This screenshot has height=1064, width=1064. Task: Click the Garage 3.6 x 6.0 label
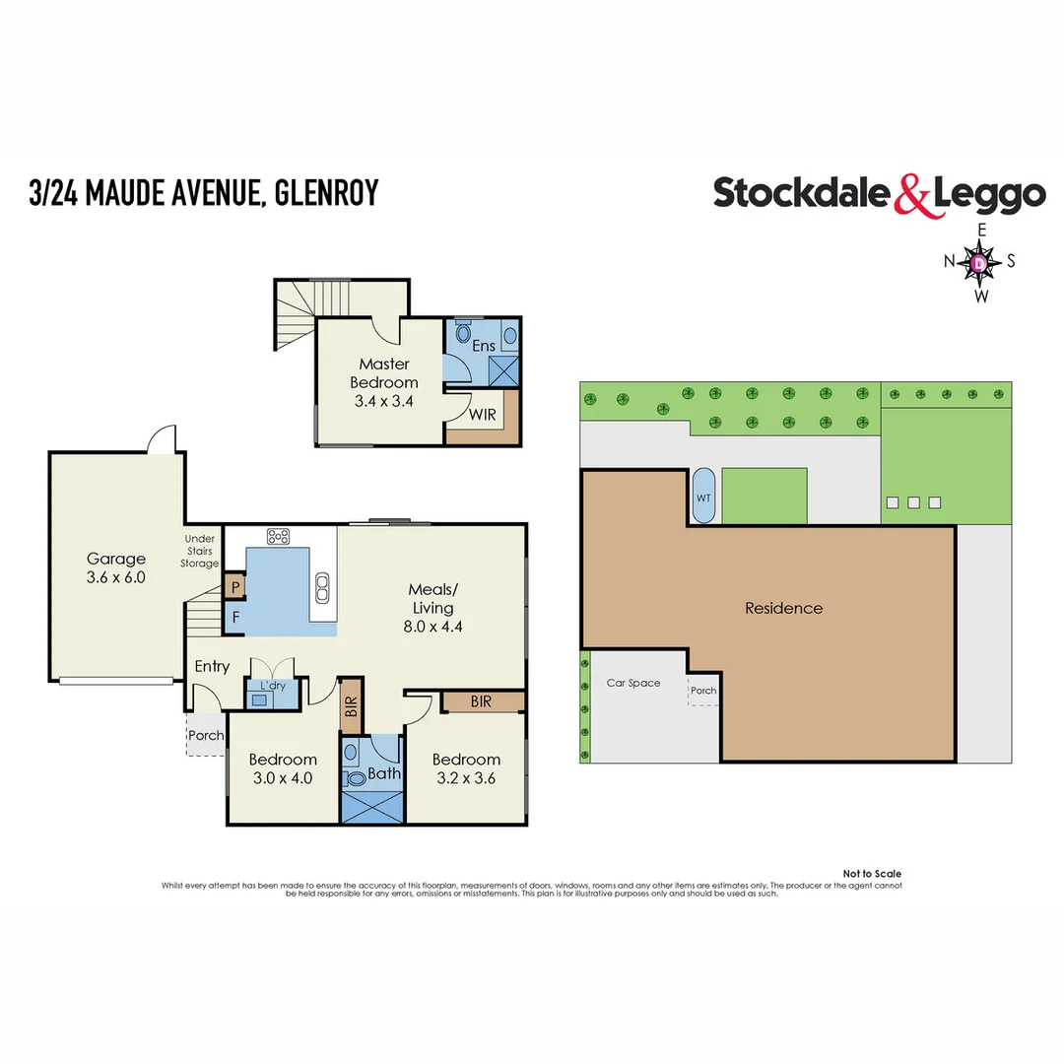click(x=115, y=568)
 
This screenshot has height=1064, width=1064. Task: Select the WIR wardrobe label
click(x=483, y=415)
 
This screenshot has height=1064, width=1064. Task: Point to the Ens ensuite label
click(x=484, y=346)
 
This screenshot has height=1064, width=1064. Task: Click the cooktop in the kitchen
click(x=279, y=537)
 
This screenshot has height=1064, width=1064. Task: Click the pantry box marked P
click(x=234, y=586)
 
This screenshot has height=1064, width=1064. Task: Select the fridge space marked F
click(x=235, y=619)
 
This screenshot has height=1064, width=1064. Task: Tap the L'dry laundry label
click(x=273, y=685)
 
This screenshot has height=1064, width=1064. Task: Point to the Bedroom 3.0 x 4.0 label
click(x=283, y=768)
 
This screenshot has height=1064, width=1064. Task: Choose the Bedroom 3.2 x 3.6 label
click(x=466, y=768)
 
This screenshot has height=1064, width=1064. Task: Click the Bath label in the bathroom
click(x=384, y=773)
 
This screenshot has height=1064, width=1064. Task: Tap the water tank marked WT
click(x=703, y=498)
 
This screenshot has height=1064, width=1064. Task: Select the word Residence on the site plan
click(x=783, y=608)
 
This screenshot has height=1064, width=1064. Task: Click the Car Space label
click(x=633, y=683)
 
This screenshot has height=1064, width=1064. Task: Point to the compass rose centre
click(x=980, y=263)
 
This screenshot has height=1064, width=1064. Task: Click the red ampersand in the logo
click(x=911, y=194)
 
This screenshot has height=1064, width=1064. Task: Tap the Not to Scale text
click(x=872, y=874)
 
